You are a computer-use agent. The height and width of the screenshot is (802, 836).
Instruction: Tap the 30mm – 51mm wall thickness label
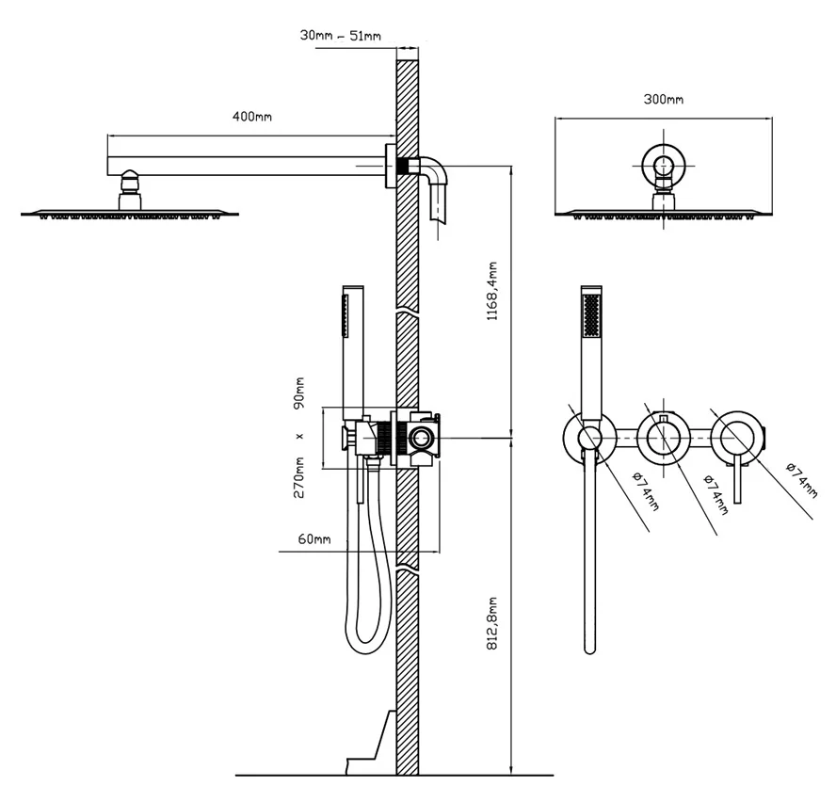pyautogui.click(x=341, y=36)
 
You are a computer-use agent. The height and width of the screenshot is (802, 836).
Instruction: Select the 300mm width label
pyautogui.click(x=663, y=99)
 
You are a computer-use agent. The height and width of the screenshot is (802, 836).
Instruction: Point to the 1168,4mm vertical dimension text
pyautogui.click(x=491, y=292)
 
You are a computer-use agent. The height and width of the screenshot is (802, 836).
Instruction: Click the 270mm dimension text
pyautogui.click(x=300, y=476)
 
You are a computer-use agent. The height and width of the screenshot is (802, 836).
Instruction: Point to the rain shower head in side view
pyautogui.click(x=130, y=212)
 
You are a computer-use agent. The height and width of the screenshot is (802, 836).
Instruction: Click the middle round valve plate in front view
pyautogui.click(x=665, y=436)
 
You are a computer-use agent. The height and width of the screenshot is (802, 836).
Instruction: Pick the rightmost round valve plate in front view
pyautogui.click(x=737, y=436)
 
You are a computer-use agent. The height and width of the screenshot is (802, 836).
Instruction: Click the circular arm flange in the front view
pyautogui.click(x=665, y=168)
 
